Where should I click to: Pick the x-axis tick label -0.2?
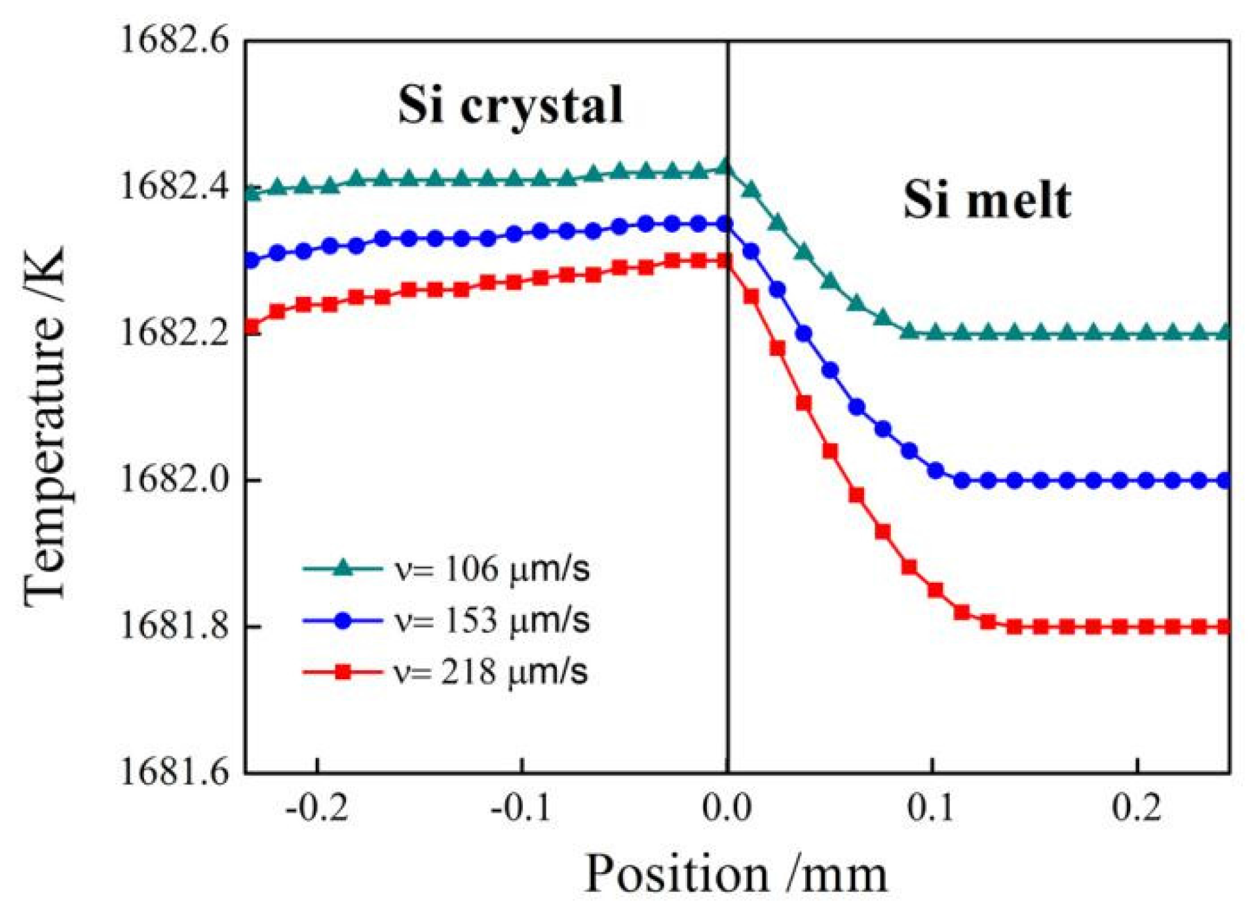(x=317, y=808)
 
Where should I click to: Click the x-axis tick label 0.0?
(x=727, y=808)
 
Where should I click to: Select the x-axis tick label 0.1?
(x=932, y=808)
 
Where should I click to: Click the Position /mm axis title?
(x=735, y=874)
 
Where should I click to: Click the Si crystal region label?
(x=510, y=106)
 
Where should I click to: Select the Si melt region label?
(x=987, y=200)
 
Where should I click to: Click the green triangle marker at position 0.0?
(x=725, y=167)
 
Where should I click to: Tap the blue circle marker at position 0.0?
(x=725, y=225)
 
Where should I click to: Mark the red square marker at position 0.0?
(x=725, y=262)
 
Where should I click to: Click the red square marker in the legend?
(x=342, y=672)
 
